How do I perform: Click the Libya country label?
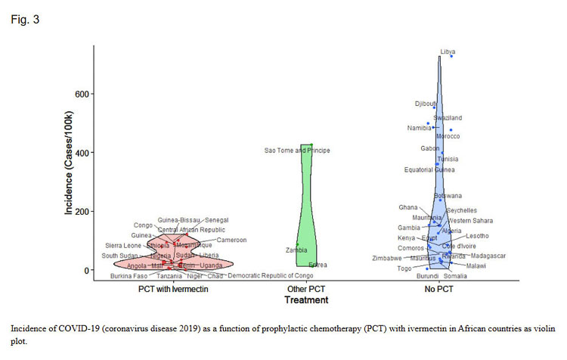(x=448, y=51)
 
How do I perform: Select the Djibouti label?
(x=426, y=104)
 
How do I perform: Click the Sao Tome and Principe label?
(x=297, y=151)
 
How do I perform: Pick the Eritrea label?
(x=318, y=265)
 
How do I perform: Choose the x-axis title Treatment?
(x=306, y=300)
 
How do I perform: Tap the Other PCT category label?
(x=306, y=289)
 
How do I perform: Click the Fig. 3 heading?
(x=24, y=20)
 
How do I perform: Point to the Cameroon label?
(x=232, y=240)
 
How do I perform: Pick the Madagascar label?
(x=487, y=256)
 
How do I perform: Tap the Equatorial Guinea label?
(x=428, y=169)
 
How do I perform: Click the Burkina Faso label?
(x=129, y=276)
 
